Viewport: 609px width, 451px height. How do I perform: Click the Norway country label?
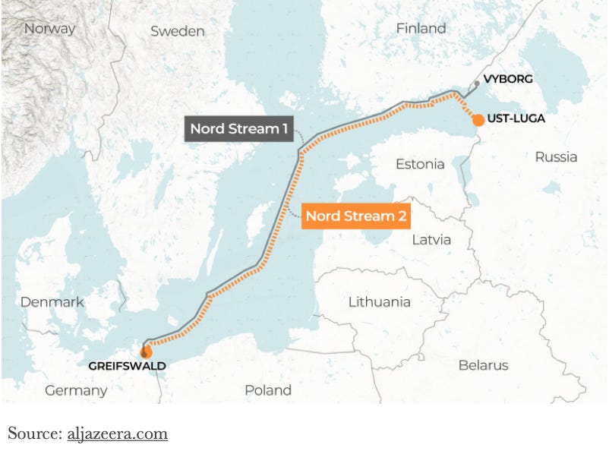click(x=50, y=29)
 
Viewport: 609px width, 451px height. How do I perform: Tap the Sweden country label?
click(x=178, y=31)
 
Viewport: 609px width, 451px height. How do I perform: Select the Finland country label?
click(x=421, y=28)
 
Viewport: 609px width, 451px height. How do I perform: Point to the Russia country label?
click(x=556, y=157)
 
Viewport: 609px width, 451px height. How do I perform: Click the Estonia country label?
click(x=420, y=164)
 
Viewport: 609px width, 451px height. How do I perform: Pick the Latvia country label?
click(x=431, y=240)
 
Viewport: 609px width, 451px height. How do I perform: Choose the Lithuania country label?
click(x=379, y=301)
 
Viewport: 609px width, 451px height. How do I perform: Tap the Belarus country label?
click(x=483, y=365)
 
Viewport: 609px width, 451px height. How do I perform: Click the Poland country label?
click(x=268, y=390)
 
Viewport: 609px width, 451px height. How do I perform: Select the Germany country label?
click(x=76, y=390)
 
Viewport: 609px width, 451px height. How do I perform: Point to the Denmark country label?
click(x=52, y=301)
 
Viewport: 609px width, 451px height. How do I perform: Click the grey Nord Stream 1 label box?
click(x=238, y=128)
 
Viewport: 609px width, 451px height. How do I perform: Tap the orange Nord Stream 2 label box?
click(x=356, y=216)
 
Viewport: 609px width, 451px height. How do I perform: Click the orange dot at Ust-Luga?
click(x=478, y=120)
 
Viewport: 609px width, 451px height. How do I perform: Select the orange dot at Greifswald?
click(x=145, y=352)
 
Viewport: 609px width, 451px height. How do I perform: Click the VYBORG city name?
click(x=508, y=79)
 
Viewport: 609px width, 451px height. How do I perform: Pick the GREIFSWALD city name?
click(x=127, y=366)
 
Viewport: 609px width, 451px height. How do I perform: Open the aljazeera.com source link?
click(x=117, y=434)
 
